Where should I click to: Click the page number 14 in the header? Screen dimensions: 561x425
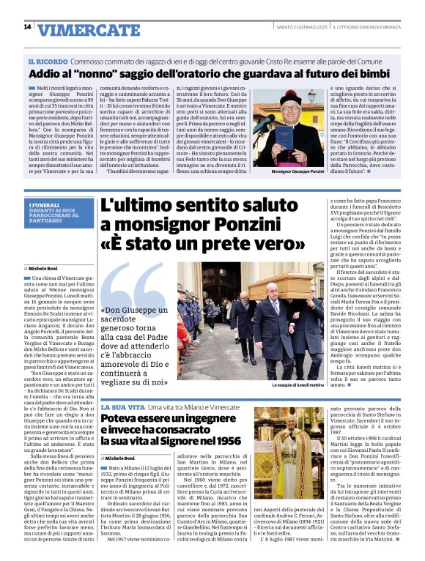tap(27, 27)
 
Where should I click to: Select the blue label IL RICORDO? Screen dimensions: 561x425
tap(48, 62)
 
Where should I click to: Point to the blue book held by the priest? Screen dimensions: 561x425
tap(284, 136)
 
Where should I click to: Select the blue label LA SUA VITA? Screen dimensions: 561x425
tap(122, 406)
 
